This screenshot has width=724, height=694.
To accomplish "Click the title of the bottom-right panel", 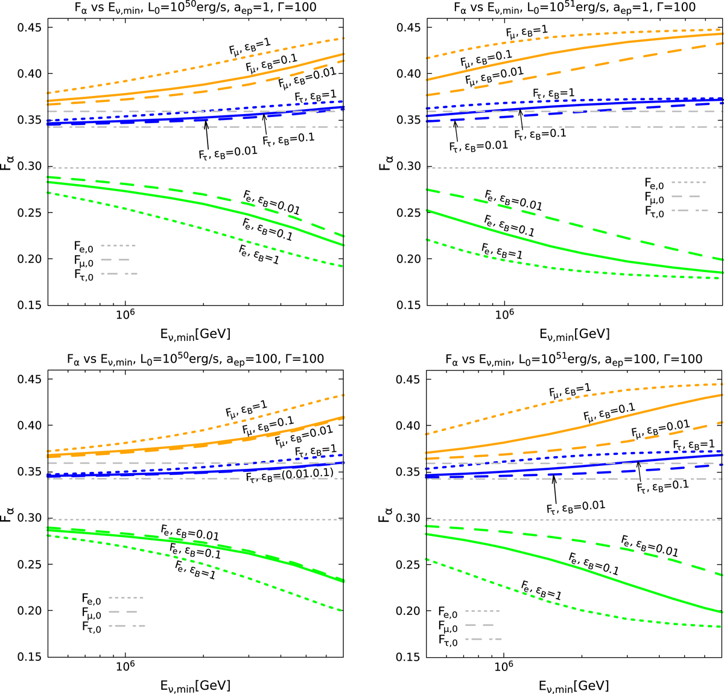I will coord(574,359).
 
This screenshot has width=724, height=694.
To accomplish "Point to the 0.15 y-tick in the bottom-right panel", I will coord(408,657).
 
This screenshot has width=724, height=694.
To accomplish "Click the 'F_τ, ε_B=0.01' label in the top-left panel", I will coord(228,153).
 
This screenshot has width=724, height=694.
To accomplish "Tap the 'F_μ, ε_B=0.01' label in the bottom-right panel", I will coord(661,429).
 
